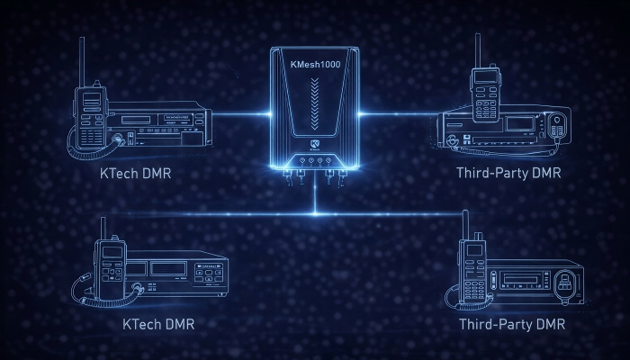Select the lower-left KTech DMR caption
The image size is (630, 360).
click(x=157, y=323)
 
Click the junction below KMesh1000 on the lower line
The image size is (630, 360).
click(x=315, y=213)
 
